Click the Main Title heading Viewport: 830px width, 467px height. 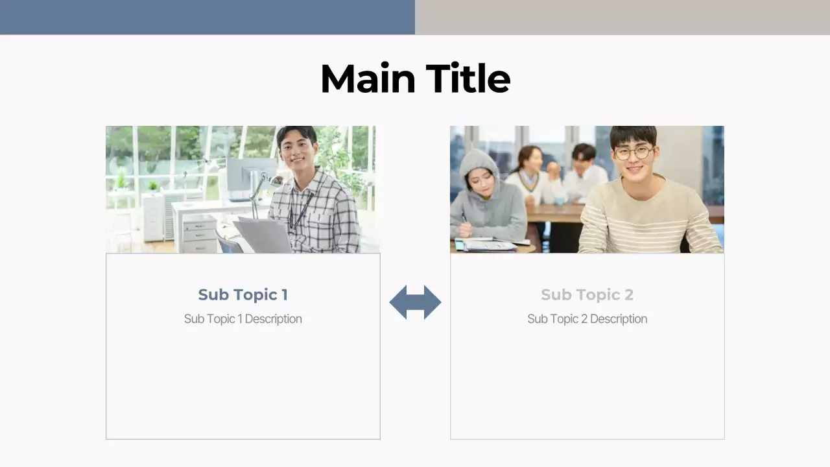(415, 78)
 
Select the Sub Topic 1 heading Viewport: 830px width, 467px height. (243, 294)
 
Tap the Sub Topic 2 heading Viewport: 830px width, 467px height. (587, 294)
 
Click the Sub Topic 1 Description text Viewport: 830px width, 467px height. (243, 318)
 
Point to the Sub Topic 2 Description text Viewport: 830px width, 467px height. (587, 318)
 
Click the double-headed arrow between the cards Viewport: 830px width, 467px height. (415, 302)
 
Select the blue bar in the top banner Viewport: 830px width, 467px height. (207, 17)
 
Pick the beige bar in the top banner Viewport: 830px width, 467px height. (622, 17)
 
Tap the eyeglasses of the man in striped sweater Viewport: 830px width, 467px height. (633, 153)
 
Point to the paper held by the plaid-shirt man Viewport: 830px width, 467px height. (263, 235)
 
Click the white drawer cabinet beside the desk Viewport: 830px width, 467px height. (200, 233)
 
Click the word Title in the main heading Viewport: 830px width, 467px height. (468, 78)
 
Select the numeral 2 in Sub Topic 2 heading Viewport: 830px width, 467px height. (628, 294)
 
